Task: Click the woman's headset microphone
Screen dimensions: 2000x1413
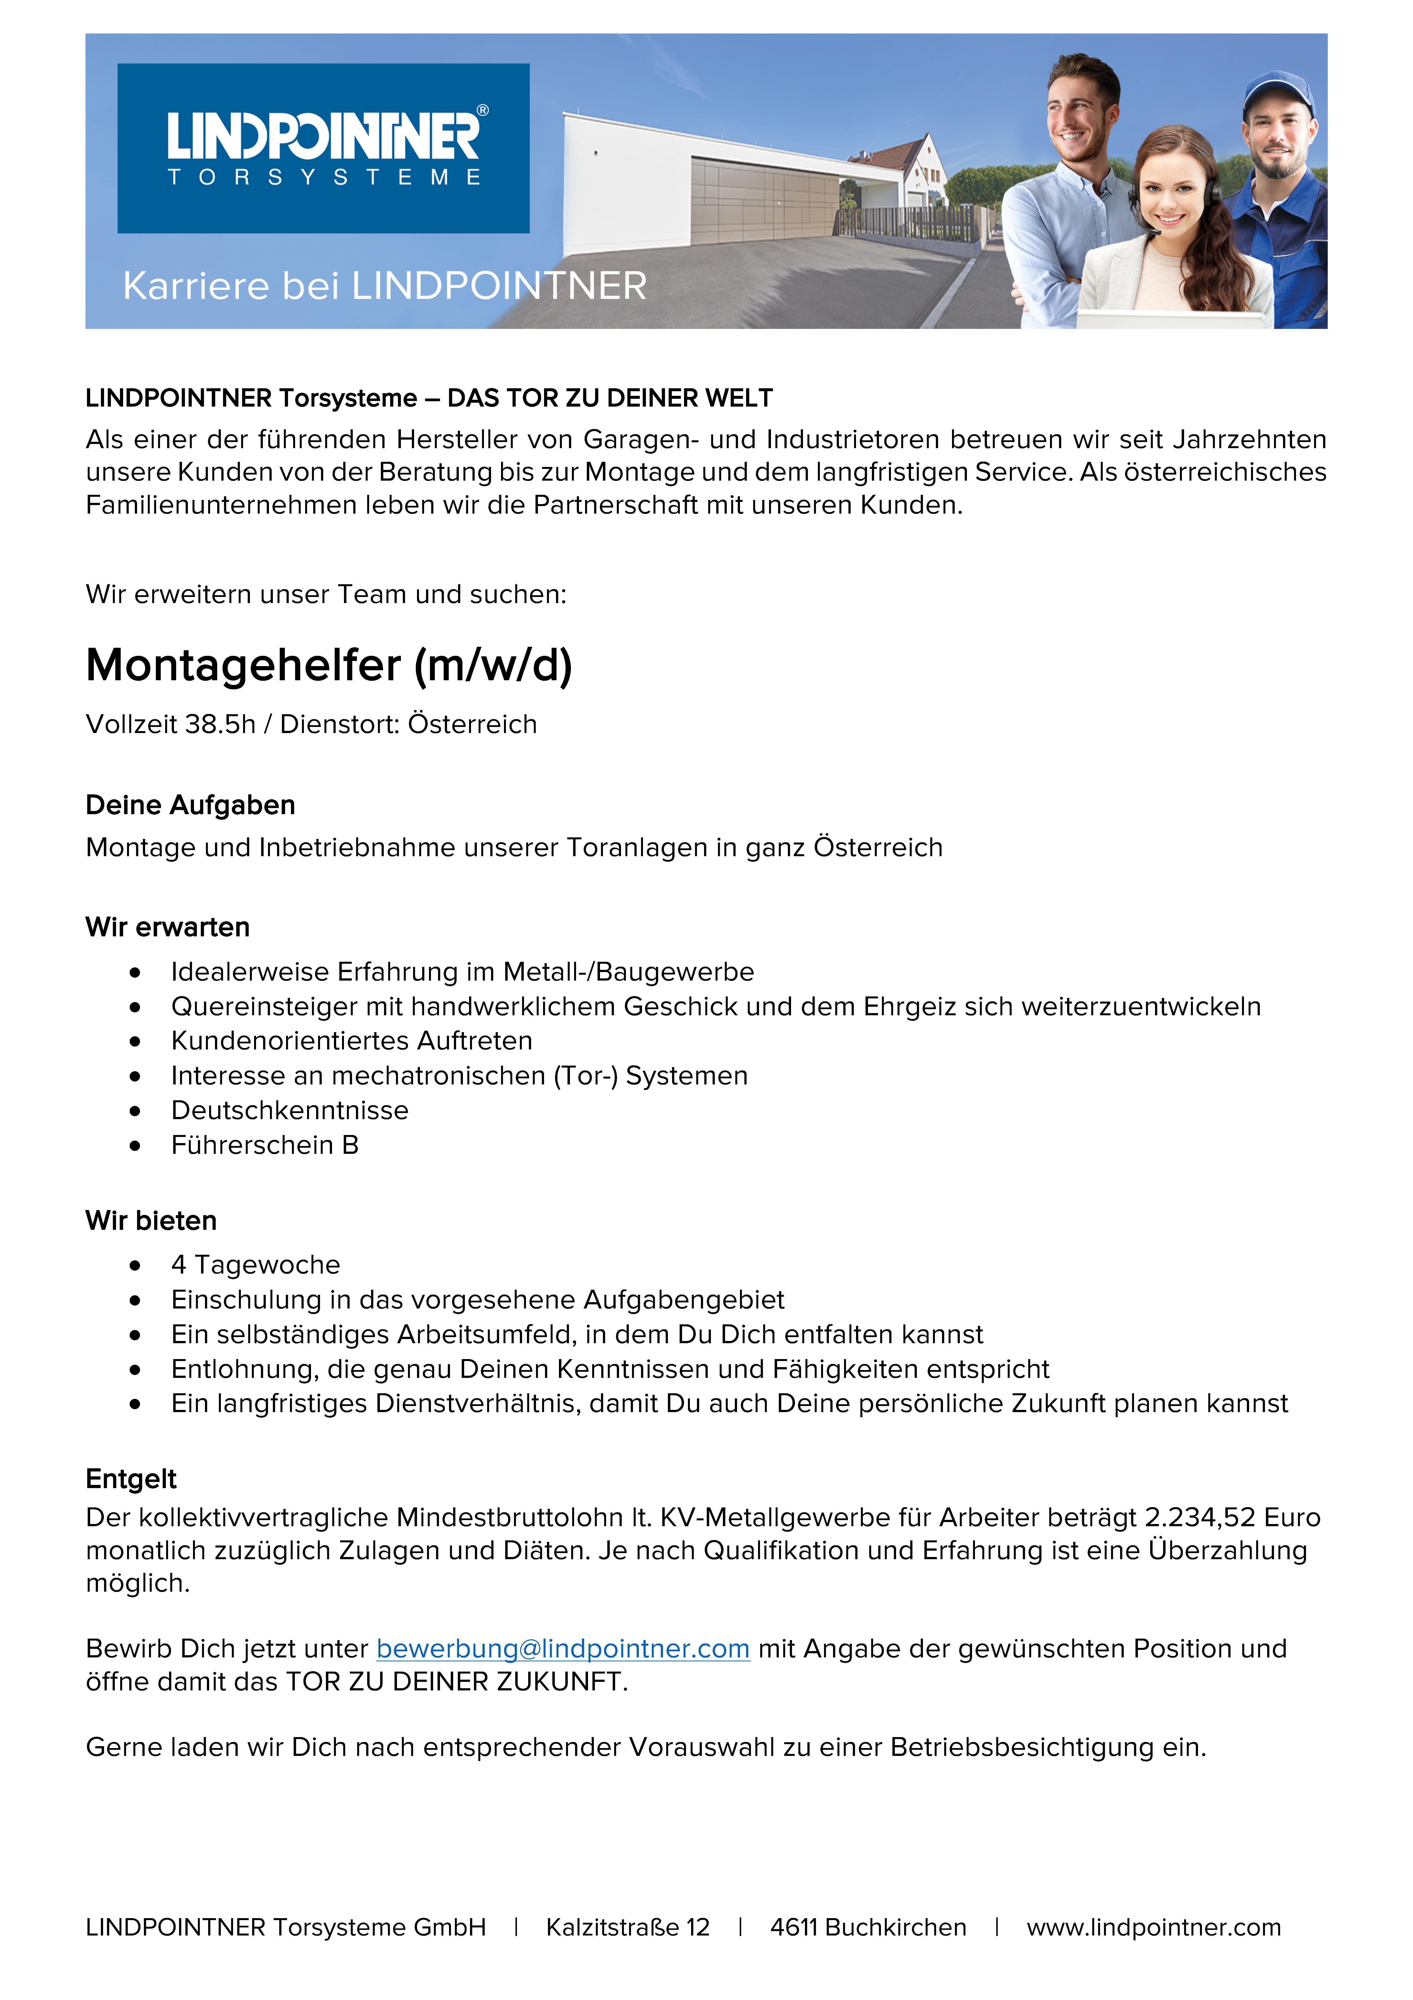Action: pyautogui.click(x=1153, y=233)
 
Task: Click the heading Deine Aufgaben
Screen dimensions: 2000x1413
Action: pyautogui.click(x=190, y=805)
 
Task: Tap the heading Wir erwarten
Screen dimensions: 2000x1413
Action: pyautogui.click(x=167, y=927)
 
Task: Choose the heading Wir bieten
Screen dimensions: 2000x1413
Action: pyautogui.click(x=151, y=1220)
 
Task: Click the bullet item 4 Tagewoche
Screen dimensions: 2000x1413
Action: pyautogui.click(x=255, y=1265)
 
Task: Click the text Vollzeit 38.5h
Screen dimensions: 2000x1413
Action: pyautogui.click(x=171, y=724)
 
